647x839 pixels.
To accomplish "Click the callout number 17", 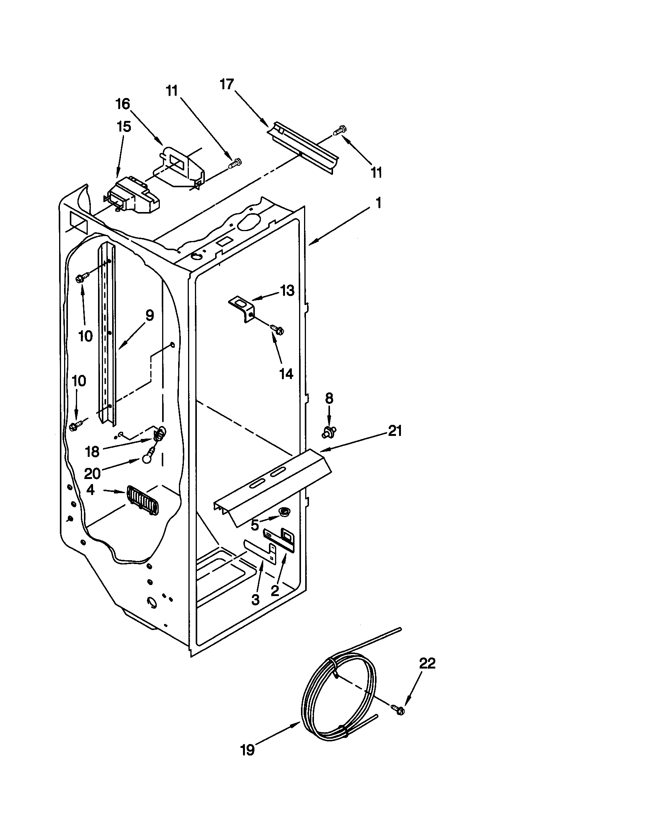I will coord(227,84).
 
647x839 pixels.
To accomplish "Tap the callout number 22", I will coord(427,663).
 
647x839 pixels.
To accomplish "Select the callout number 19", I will coord(248,749).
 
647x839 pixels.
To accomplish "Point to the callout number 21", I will coord(395,431).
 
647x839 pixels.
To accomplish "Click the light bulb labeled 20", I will coord(146,458).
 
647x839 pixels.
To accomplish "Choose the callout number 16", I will coord(123,104).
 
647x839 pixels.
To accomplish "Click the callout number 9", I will coord(149,316).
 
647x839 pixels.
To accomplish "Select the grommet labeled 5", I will coord(285,511).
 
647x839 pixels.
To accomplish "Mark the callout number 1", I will coord(378,203).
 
